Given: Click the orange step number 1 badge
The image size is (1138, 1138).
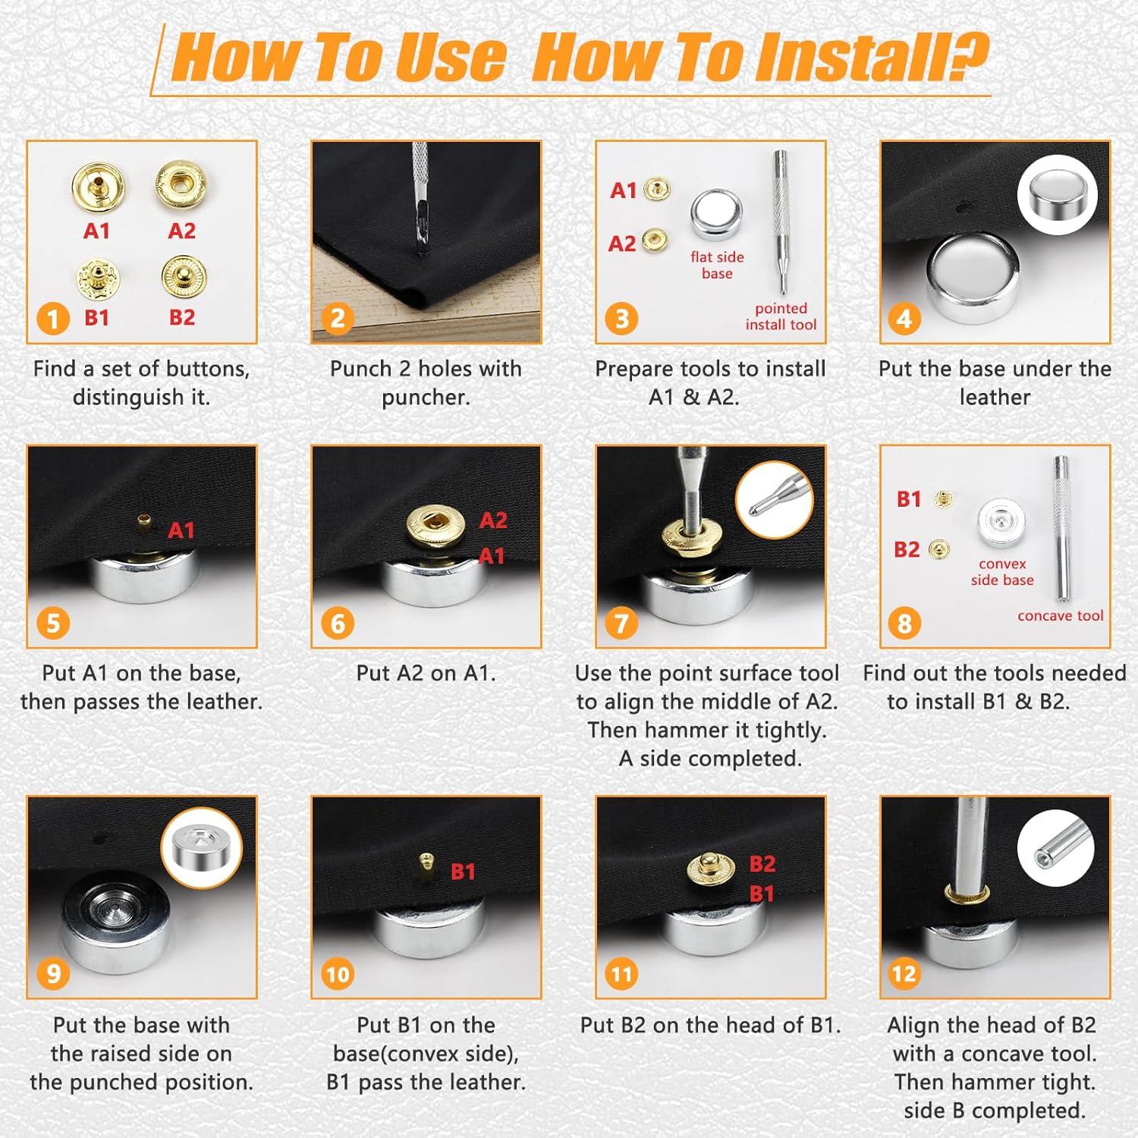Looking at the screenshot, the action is [53, 319].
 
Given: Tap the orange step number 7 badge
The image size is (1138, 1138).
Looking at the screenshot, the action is [621, 624].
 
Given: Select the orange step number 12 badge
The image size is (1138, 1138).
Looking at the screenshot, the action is [904, 974].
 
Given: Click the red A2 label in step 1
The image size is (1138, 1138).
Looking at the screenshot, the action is [182, 231].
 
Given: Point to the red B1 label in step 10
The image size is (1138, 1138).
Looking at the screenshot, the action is [463, 872].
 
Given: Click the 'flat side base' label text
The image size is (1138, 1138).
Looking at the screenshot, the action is [717, 265].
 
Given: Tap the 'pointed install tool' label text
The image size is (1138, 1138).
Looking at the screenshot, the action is [781, 316].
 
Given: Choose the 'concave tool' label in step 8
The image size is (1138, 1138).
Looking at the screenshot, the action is [1061, 615].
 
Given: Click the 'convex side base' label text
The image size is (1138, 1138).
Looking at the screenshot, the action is [1002, 572].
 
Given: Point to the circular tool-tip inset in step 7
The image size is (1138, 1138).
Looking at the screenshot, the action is [775, 500].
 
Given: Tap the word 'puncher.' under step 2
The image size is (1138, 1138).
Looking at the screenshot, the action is [426, 398].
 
